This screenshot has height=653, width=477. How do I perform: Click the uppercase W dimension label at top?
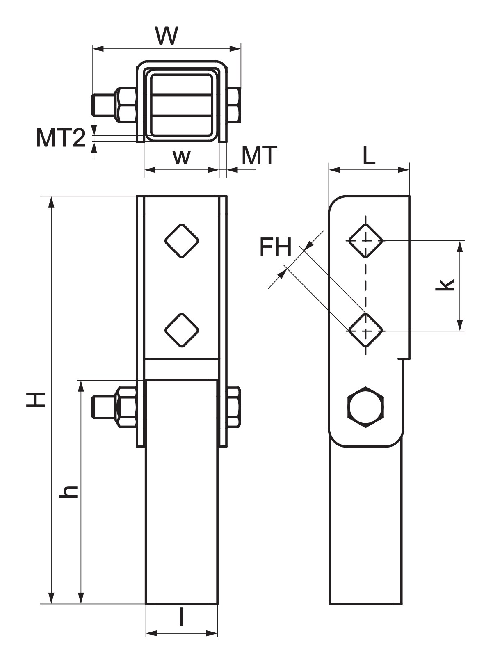(x=167, y=36)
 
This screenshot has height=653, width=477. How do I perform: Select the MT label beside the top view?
(x=259, y=156)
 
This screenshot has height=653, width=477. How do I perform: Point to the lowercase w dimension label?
(x=182, y=158)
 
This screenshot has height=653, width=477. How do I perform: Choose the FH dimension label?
(x=275, y=247)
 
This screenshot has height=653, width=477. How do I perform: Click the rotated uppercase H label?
(x=36, y=400)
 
